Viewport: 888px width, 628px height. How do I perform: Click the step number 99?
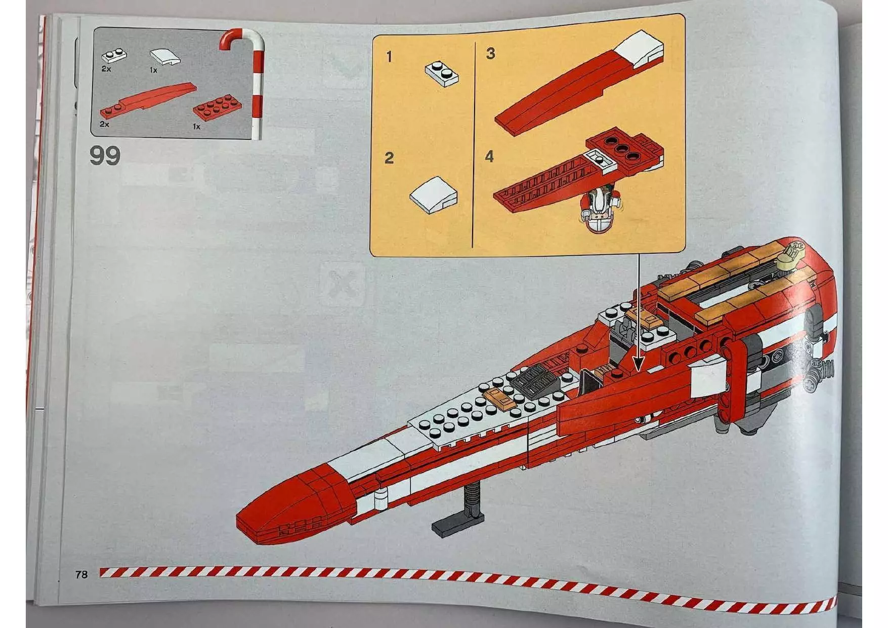(x=105, y=155)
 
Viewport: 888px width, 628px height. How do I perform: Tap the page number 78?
(x=81, y=574)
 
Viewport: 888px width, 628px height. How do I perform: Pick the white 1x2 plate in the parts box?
(x=114, y=55)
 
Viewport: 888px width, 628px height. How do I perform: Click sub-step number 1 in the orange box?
(x=389, y=57)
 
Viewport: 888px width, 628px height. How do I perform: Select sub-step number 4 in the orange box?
(x=489, y=156)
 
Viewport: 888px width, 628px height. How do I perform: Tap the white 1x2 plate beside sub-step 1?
(x=442, y=74)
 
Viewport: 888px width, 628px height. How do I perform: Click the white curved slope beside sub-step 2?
(x=434, y=194)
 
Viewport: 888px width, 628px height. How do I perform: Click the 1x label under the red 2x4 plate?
(x=197, y=127)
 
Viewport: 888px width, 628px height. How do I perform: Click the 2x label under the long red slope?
(x=104, y=124)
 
